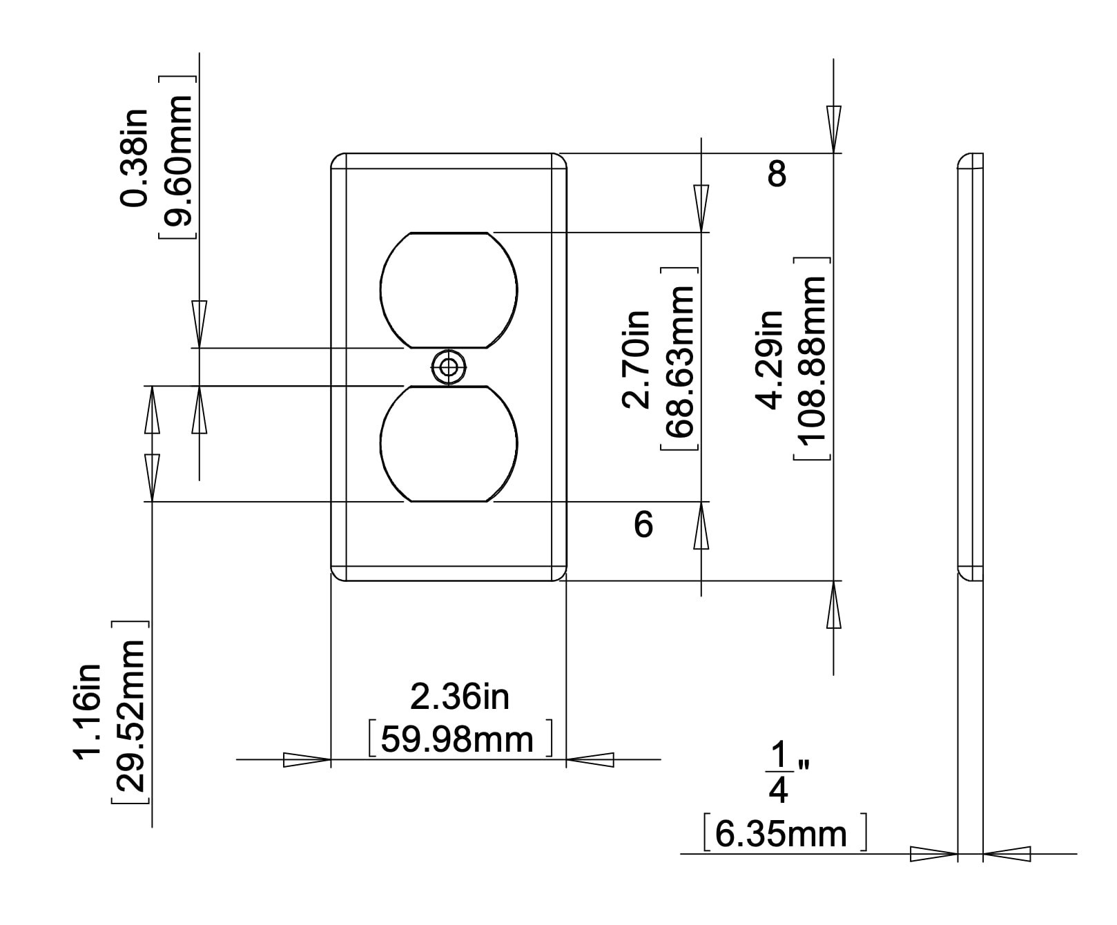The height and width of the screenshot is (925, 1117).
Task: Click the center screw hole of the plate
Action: coord(448,367)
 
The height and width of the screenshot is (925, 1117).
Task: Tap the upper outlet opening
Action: coord(448,290)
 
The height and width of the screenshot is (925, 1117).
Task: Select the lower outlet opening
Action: coord(448,443)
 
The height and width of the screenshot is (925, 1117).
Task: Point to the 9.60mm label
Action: coord(178,159)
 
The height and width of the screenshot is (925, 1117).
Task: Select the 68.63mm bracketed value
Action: coord(679,359)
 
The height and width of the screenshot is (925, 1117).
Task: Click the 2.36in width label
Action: coord(459,697)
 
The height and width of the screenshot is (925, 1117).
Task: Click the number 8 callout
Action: coord(777,174)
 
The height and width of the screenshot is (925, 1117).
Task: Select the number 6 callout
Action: coord(643,525)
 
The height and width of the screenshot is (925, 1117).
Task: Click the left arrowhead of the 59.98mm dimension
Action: coord(307,760)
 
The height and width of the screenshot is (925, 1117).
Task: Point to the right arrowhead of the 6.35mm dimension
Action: coord(1007,854)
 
